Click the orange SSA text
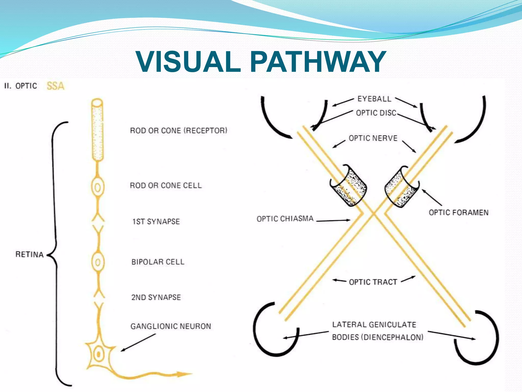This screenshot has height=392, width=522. click(x=55, y=86)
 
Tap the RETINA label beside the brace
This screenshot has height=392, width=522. click(x=29, y=254)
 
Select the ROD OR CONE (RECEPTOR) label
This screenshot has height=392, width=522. click(x=178, y=131)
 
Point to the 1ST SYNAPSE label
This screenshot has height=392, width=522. click(x=156, y=222)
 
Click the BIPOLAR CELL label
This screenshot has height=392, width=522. click(x=158, y=262)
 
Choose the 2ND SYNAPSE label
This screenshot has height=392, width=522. click(x=156, y=297)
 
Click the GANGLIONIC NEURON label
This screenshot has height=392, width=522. click(x=171, y=326)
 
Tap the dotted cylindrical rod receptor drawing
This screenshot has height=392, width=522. click(x=97, y=130)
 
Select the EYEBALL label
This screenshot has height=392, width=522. click(x=374, y=99)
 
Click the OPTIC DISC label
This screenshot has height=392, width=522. click(x=376, y=113)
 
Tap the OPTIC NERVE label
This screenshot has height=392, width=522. click(x=373, y=138)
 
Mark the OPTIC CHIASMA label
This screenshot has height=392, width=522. click(x=285, y=219)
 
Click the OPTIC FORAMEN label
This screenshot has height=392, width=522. click(x=459, y=212)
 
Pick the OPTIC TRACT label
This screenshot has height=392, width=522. click(x=373, y=282)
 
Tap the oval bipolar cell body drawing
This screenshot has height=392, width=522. click(x=98, y=262)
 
